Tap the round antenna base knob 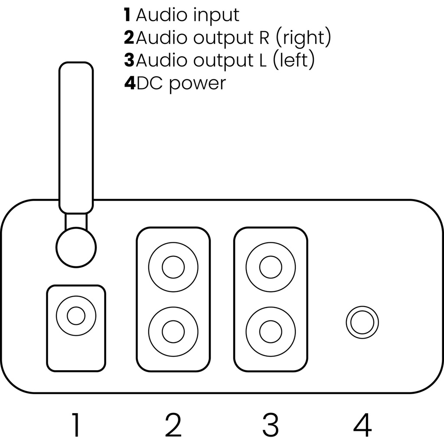(x=76, y=247)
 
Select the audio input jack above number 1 (x=76, y=315)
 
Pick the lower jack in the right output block (x=173, y=332)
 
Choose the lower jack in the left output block (x=271, y=332)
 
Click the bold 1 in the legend (x=127, y=15)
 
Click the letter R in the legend (x=258, y=38)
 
